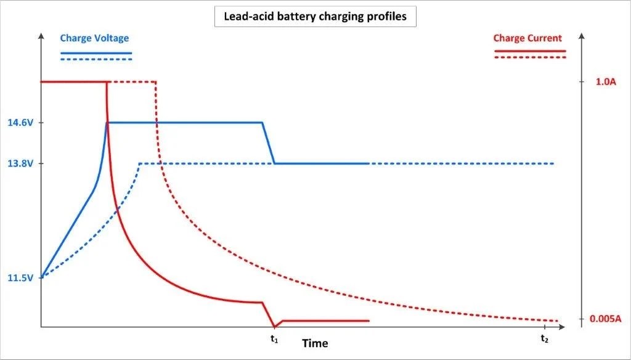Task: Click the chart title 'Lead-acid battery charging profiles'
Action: (x=315, y=17)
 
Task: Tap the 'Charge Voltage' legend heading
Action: (x=94, y=38)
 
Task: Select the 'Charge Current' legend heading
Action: (x=527, y=38)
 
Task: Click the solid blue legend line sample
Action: (x=96, y=53)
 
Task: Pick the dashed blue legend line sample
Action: (x=96, y=59)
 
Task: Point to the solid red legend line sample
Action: (x=530, y=51)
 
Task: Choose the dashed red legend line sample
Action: (x=530, y=57)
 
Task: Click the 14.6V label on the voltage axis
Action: (x=20, y=123)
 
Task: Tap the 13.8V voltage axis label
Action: (x=20, y=164)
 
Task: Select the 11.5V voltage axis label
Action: (x=20, y=278)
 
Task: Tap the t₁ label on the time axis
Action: (x=274, y=338)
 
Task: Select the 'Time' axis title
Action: (x=315, y=343)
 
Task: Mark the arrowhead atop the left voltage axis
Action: (x=41, y=35)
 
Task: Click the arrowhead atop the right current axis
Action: (x=582, y=35)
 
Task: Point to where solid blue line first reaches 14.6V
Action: (x=107, y=123)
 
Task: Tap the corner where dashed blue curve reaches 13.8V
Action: (x=140, y=164)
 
